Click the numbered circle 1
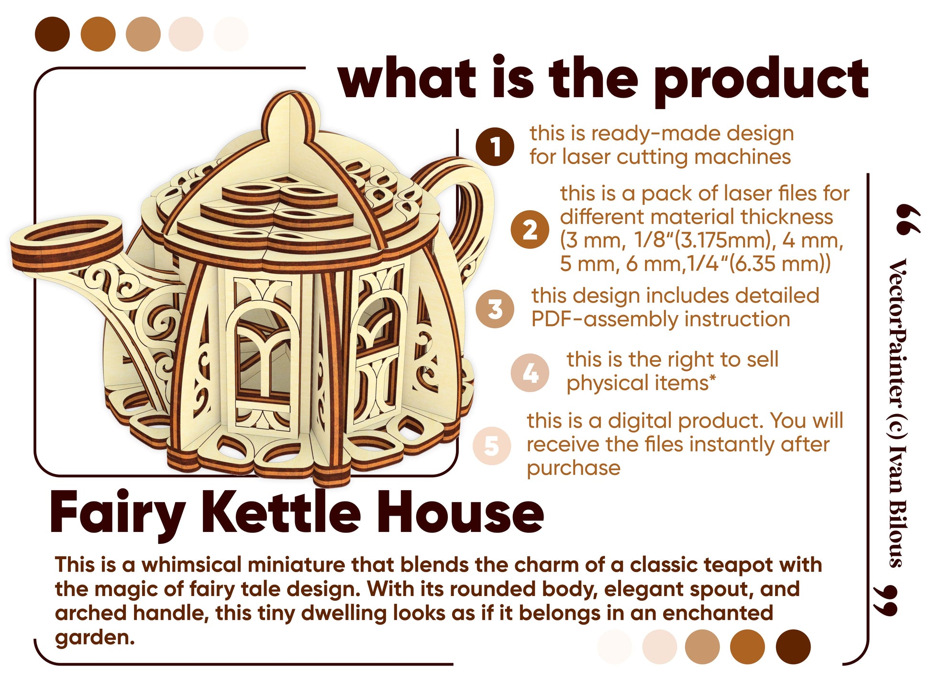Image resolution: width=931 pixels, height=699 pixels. coord(495,147)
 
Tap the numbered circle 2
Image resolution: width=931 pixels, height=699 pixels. coord(529,229)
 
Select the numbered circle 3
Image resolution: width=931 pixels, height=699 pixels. coord(495,309)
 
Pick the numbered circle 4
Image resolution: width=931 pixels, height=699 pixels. coord(530,373)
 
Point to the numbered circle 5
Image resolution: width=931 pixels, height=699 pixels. coord(492,446)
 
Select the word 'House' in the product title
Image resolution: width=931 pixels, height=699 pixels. coord(460,512)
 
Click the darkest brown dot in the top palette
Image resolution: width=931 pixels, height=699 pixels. coord(52,34)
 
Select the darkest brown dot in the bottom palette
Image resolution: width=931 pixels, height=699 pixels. coord(793,647)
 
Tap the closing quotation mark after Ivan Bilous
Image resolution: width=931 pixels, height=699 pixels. coord(885,600)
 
